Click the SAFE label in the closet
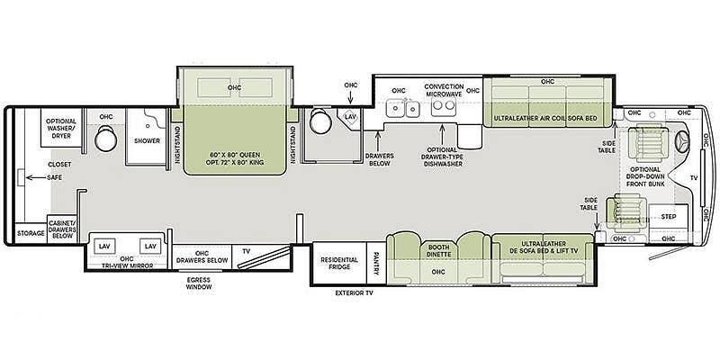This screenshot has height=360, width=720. (55, 177)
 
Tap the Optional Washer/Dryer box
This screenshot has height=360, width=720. (61, 128)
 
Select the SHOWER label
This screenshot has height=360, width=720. (147, 141)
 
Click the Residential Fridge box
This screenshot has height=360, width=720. (339, 263)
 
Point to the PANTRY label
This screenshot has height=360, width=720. (376, 263)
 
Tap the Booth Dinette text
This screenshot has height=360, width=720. (438, 251)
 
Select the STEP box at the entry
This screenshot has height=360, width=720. (669, 216)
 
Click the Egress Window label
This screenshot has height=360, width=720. (199, 283)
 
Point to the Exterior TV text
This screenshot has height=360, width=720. (354, 292)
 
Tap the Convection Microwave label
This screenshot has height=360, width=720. (444, 90)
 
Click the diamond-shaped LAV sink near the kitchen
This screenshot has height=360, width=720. (350, 118)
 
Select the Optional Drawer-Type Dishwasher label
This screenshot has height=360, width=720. (442, 157)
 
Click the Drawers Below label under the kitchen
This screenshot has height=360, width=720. (378, 160)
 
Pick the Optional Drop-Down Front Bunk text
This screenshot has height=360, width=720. (645, 176)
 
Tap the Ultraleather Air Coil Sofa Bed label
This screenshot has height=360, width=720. (545, 119)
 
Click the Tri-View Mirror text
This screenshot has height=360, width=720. (127, 265)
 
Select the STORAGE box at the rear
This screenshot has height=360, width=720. (31, 233)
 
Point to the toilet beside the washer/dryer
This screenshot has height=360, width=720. (106, 138)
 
